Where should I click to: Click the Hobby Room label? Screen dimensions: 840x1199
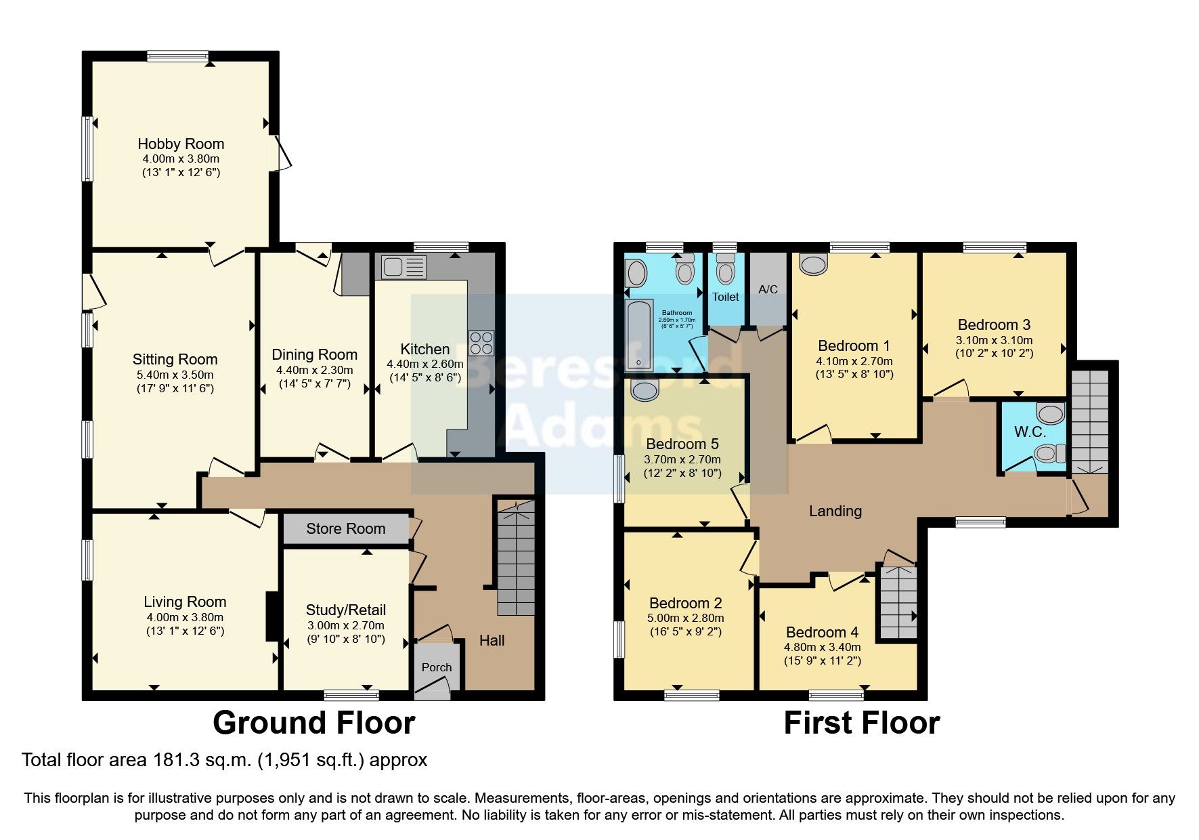coord(181,144)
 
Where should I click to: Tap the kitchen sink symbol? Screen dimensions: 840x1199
coord(404,267)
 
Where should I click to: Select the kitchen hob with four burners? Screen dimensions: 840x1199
coord(481,343)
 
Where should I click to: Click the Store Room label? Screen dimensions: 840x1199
coord(345,528)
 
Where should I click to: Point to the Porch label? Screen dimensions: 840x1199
coord(437,667)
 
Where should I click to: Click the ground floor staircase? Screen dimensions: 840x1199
coord(516,559)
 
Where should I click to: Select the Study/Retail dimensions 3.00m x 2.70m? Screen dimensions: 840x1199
coord(345,625)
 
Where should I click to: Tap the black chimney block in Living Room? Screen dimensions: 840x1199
coord(273,616)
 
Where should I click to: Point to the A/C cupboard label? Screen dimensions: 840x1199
coord(768,289)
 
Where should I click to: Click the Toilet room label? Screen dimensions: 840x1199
coord(726,297)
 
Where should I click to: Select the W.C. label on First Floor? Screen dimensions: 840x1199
coord(1030,432)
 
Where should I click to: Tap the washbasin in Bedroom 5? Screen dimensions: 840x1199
coord(644,390)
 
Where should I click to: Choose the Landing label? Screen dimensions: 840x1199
coord(835,511)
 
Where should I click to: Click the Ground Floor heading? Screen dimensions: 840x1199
coord(313,723)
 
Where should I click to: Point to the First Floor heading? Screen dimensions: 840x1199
coord(861,723)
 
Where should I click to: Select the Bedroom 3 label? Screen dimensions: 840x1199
coord(994,324)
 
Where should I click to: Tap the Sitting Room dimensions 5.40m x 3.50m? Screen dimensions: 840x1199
coord(175,374)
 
